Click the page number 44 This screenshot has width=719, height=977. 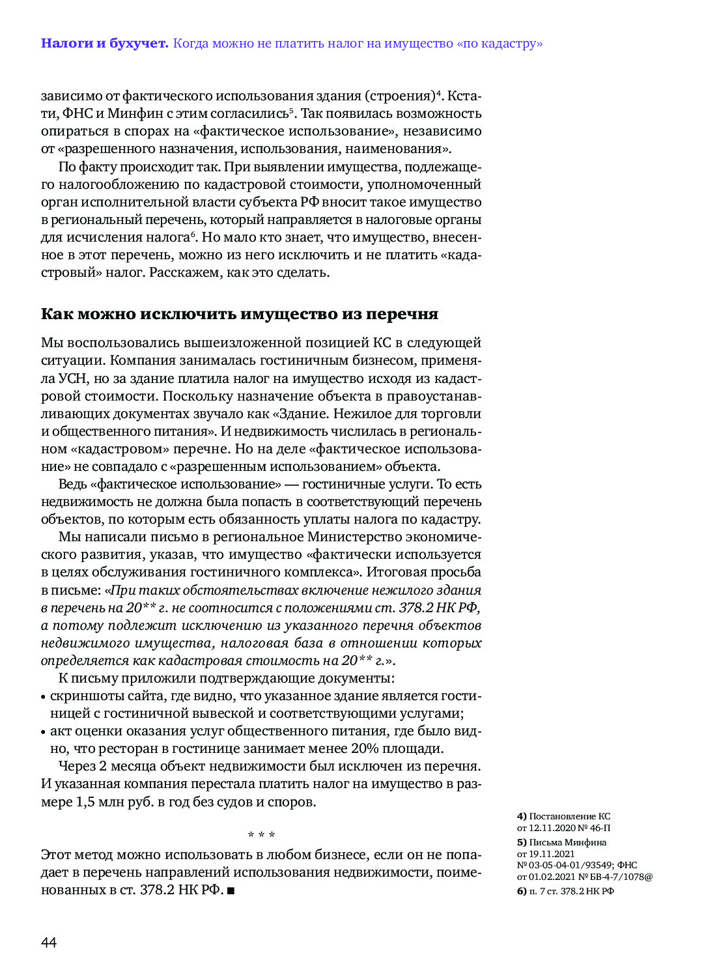(x=49, y=942)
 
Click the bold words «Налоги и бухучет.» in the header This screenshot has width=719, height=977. (x=104, y=44)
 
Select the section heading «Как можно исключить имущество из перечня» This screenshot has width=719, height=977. (x=239, y=314)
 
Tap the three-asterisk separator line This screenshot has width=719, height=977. (x=261, y=835)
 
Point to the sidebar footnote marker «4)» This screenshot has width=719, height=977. (x=522, y=816)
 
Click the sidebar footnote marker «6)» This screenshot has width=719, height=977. (x=522, y=891)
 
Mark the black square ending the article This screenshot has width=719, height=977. (x=231, y=890)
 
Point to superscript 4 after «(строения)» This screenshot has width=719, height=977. (x=439, y=92)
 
